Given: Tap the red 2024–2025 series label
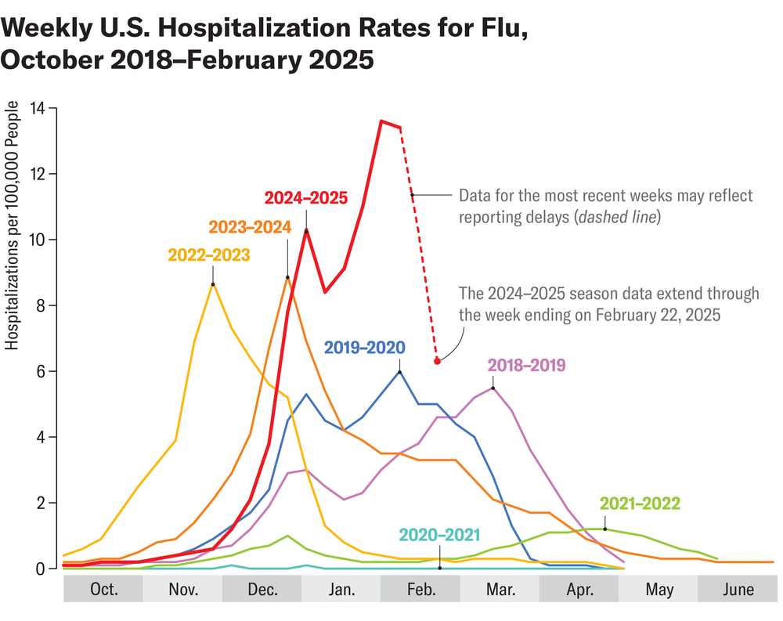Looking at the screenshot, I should pyautogui.click(x=305, y=197).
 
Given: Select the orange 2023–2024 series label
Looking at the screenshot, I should pyautogui.click(x=250, y=227).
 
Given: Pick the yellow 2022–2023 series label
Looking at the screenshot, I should pyautogui.click(x=209, y=255).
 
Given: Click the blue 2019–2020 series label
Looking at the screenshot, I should pyautogui.click(x=365, y=347).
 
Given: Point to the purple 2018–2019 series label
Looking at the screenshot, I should pyautogui.click(x=526, y=365).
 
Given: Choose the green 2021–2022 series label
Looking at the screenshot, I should pyautogui.click(x=640, y=503).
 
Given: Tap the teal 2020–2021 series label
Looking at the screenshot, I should pyautogui.click(x=438, y=535).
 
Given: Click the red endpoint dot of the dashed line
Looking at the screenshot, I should pyautogui.click(x=437, y=361).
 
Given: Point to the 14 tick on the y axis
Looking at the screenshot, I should pyautogui.click(x=37, y=107).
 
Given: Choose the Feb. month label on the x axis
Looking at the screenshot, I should pyautogui.click(x=420, y=590).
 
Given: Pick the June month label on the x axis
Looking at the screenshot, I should pyautogui.click(x=738, y=590).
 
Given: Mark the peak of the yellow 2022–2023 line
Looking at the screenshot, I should pyautogui.click(x=212, y=283).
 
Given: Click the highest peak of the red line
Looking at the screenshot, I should pyautogui.click(x=381, y=121).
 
